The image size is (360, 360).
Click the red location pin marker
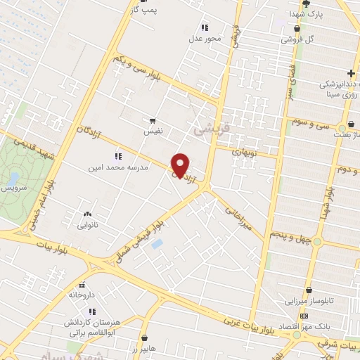181,165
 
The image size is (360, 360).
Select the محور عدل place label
209,38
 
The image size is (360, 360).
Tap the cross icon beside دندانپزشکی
351,73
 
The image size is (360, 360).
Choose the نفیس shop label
153,131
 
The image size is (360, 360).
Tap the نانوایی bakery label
88,226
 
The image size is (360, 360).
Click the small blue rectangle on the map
156,243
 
